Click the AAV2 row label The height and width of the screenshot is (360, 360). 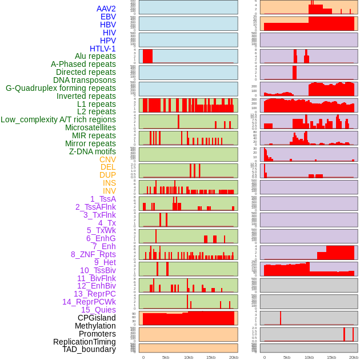(106, 9)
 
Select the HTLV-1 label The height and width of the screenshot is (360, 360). (103, 49)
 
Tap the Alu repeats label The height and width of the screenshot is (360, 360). (95, 56)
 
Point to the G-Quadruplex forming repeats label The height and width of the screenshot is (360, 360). (61, 88)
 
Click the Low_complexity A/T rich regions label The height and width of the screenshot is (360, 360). (58, 119)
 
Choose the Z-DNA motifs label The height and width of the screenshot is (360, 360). (93, 151)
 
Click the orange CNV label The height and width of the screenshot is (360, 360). (107, 159)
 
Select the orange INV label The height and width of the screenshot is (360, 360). (109, 191)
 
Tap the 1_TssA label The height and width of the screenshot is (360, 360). (103, 199)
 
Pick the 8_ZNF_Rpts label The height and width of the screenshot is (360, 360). (93, 254)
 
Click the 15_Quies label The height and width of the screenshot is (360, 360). (98, 310)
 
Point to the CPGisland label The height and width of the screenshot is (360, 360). (97, 318)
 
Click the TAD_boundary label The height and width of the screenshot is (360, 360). (89, 349)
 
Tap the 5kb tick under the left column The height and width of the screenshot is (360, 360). (166, 357)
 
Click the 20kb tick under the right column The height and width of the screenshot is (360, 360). (354, 357)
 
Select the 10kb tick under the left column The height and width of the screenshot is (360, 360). (188, 357)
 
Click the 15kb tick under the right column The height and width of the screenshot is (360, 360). (331, 357)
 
